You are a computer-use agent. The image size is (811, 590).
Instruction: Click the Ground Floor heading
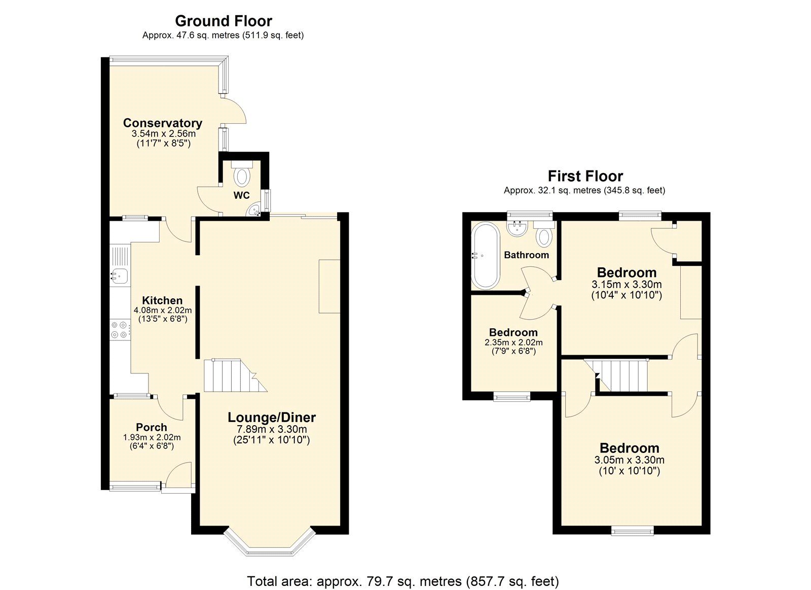pyautogui.click(x=224, y=21)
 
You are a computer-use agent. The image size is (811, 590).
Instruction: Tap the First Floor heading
pyautogui.click(x=585, y=176)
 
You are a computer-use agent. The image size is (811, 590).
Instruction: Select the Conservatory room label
pyautogui.click(x=162, y=123)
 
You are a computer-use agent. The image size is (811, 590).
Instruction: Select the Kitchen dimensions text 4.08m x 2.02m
pyautogui.click(x=162, y=310)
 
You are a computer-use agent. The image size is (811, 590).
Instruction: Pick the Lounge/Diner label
pyautogui.click(x=272, y=418)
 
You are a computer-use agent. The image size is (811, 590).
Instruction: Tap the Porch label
pyautogui.click(x=151, y=427)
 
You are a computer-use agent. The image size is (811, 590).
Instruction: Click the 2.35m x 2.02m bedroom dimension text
pyautogui.click(x=513, y=342)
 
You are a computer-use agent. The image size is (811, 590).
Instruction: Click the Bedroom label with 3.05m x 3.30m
pyautogui.click(x=629, y=448)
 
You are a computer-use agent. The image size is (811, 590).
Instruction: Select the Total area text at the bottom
pyautogui.click(x=402, y=580)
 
